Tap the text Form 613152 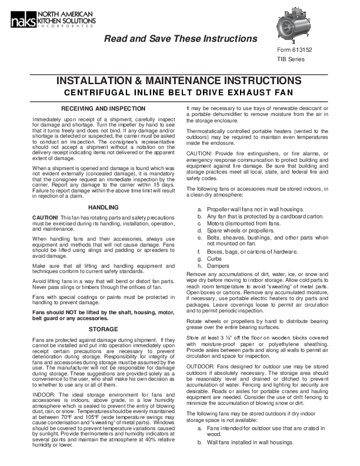pos(296,50)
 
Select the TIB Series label pos(291,59)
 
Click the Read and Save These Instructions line pos(181,39)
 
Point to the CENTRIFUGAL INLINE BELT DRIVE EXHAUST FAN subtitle pos(179,93)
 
